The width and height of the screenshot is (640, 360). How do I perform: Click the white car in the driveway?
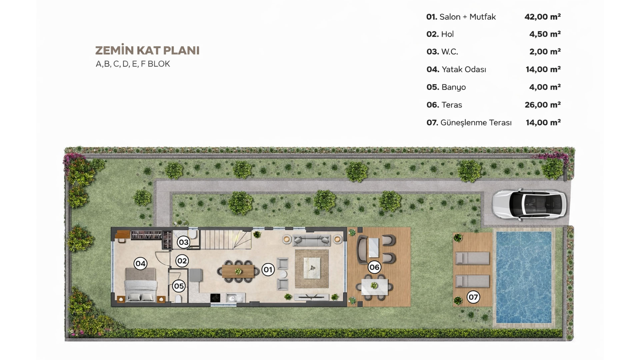pyautogui.click(x=529, y=204)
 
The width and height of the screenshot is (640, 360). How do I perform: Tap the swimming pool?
pyautogui.click(x=524, y=277)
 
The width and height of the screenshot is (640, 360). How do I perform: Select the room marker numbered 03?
pyautogui.click(x=183, y=242)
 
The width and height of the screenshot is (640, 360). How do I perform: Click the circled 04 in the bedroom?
pyautogui.click(x=140, y=264)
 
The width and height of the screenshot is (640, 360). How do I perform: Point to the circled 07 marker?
pyautogui.click(x=473, y=297)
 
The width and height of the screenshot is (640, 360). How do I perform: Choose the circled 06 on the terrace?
pyautogui.click(x=374, y=267)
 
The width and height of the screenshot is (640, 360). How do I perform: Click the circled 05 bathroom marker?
pyautogui.click(x=179, y=286)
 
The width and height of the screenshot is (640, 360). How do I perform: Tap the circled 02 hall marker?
pyautogui.click(x=182, y=261)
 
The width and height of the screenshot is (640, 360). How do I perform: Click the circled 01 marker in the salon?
pyautogui.click(x=268, y=269)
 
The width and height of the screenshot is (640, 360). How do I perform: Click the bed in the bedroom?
pyautogui.click(x=140, y=284)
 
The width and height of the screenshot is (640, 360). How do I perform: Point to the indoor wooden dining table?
pyautogui.click(x=238, y=271)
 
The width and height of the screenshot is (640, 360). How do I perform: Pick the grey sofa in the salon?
pyautogui.click(x=312, y=240)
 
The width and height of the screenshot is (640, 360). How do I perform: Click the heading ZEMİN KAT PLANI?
pyautogui.click(x=147, y=50)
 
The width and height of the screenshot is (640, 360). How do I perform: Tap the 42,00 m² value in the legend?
pyautogui.click(x=542, y=17)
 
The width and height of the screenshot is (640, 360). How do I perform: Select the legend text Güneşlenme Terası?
pyautogui.click(x=476, y=123)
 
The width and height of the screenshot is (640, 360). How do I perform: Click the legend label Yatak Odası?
pyautogui.click(x=464, y=69)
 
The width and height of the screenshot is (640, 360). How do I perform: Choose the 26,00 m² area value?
pyautogui.click(x=543, y=105)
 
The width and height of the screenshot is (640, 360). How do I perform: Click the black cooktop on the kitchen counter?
pyautogui.click(x=215, y=298)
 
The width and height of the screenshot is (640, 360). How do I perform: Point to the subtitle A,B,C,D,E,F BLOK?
pyautogui.click(x=133, y=64)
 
